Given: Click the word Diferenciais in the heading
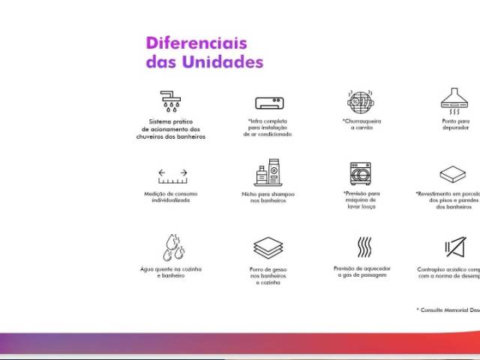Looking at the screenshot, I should [196, 43].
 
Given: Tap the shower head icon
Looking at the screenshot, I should [171, 100].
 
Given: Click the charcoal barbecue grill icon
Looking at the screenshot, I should [360, 101].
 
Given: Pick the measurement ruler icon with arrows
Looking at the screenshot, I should [172, 176].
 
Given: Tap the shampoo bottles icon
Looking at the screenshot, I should [268, 173].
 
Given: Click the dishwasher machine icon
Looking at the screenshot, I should [360, 173].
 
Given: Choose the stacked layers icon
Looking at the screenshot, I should [268, 247].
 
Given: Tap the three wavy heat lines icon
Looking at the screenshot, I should [364, 247].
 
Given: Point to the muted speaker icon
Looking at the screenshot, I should [454, 247].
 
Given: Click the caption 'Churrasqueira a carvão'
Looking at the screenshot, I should [361, 124].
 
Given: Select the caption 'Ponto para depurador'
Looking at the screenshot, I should [455, 124].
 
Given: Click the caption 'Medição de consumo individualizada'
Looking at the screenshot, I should [172, 197].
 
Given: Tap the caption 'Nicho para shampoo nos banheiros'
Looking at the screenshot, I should [268, 197].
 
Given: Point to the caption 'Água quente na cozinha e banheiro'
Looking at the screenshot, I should [171, 272].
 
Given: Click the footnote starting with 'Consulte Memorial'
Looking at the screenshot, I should [448, 310].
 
